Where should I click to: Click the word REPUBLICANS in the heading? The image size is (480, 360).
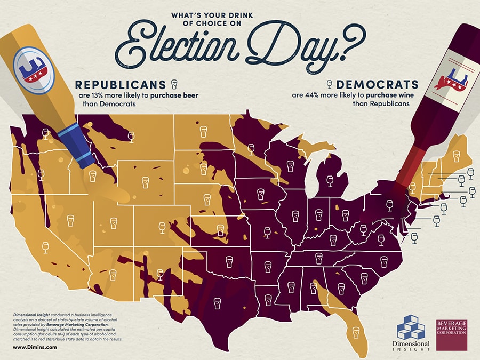[121, 85]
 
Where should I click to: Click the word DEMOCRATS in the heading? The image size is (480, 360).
[377, 84]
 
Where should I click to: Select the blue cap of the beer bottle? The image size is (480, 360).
[77, 146]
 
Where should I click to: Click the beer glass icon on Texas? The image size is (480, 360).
[217, 303]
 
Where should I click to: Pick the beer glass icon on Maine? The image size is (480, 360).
[455, 156]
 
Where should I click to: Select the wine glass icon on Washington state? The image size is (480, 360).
[45, 133]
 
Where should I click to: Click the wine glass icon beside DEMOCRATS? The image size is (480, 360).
[329, 84]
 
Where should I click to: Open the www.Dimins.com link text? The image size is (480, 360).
[35, 347]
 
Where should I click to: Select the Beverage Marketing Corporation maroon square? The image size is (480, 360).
[451, 335]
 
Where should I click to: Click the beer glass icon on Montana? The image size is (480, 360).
[131, 137]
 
